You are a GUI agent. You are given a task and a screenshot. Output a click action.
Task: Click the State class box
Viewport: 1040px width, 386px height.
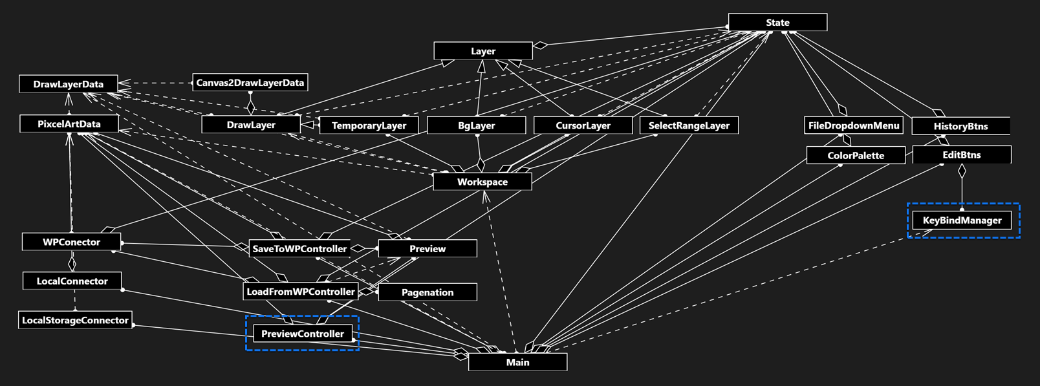pos(777,22)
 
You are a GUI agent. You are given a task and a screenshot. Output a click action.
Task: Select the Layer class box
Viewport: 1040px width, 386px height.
pos(483,50)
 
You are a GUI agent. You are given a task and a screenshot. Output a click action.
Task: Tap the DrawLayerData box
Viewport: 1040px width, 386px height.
pos(68,84)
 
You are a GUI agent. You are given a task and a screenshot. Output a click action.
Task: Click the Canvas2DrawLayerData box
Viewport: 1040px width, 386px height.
pos(250,83)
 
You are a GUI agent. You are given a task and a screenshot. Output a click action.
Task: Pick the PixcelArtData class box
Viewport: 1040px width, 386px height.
pos(69,123)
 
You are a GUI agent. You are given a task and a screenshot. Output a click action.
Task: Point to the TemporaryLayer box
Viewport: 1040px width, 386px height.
pos(369,125)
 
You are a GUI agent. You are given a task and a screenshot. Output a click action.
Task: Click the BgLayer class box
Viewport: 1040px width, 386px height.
pos(477,125)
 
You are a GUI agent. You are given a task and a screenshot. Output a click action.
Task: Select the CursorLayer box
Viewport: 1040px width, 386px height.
pos(583,125)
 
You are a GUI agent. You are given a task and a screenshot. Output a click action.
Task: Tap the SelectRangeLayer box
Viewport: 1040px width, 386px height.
pos(689,125)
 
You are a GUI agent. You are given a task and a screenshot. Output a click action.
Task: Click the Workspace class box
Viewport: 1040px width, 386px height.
pos(482,182)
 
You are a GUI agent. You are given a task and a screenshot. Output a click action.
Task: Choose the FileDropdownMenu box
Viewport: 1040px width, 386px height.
pos(854,125)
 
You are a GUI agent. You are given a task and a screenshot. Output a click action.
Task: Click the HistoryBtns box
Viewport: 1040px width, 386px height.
pos(960,126)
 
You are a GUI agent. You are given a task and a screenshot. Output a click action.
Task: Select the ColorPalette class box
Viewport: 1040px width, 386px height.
pos(856,155)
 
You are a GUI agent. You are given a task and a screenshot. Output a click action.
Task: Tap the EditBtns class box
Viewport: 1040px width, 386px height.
pos(962,155)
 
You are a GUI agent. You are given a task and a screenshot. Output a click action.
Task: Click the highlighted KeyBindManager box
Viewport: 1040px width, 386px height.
pos(962,220)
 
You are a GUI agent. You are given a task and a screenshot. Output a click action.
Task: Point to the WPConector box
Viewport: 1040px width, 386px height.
pos(71,242)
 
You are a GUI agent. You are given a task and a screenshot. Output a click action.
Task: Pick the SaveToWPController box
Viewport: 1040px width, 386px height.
pos(299,248)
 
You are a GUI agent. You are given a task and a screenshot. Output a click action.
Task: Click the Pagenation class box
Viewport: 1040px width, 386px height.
pos(428,292)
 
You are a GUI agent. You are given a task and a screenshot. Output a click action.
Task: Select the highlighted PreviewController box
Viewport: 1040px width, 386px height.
pos(303,334)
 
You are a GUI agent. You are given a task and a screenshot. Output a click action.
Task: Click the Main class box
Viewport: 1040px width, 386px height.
pos(517,362)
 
